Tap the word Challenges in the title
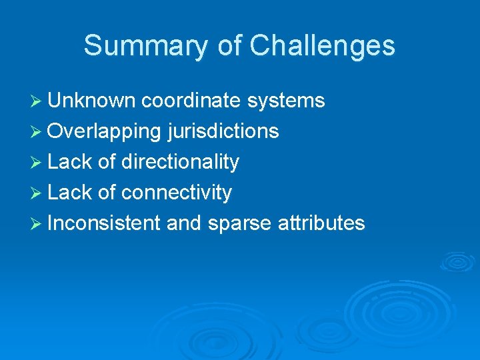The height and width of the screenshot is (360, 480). tap(322, 45)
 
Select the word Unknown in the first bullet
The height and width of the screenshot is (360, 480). tap(92, 101)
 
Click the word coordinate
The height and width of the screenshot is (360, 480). tap(191, 101)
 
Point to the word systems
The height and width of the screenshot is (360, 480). tap(286, 101)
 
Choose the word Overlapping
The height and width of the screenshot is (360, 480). tap(105, 131)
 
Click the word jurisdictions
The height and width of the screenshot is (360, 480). tap(223, 131)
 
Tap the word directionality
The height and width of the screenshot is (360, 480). tap(180, 162)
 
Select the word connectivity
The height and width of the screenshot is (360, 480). tap(177, 193)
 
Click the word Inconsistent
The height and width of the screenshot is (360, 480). tap(104, 223)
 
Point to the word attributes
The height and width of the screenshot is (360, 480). tap(319, 223)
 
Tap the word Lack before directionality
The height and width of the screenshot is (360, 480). tap(69, 162)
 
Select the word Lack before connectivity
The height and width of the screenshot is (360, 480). tap(69, 193)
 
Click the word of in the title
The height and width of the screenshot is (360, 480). tap(231, 45)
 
